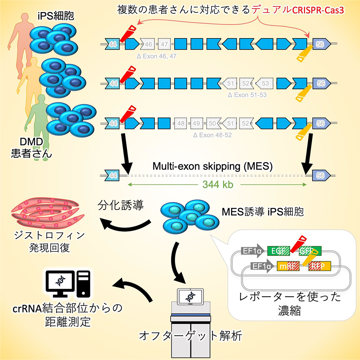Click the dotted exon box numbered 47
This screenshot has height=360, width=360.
(165, 44)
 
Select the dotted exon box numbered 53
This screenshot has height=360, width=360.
(265, 83)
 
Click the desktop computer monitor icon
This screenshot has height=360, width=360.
(60, 284)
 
